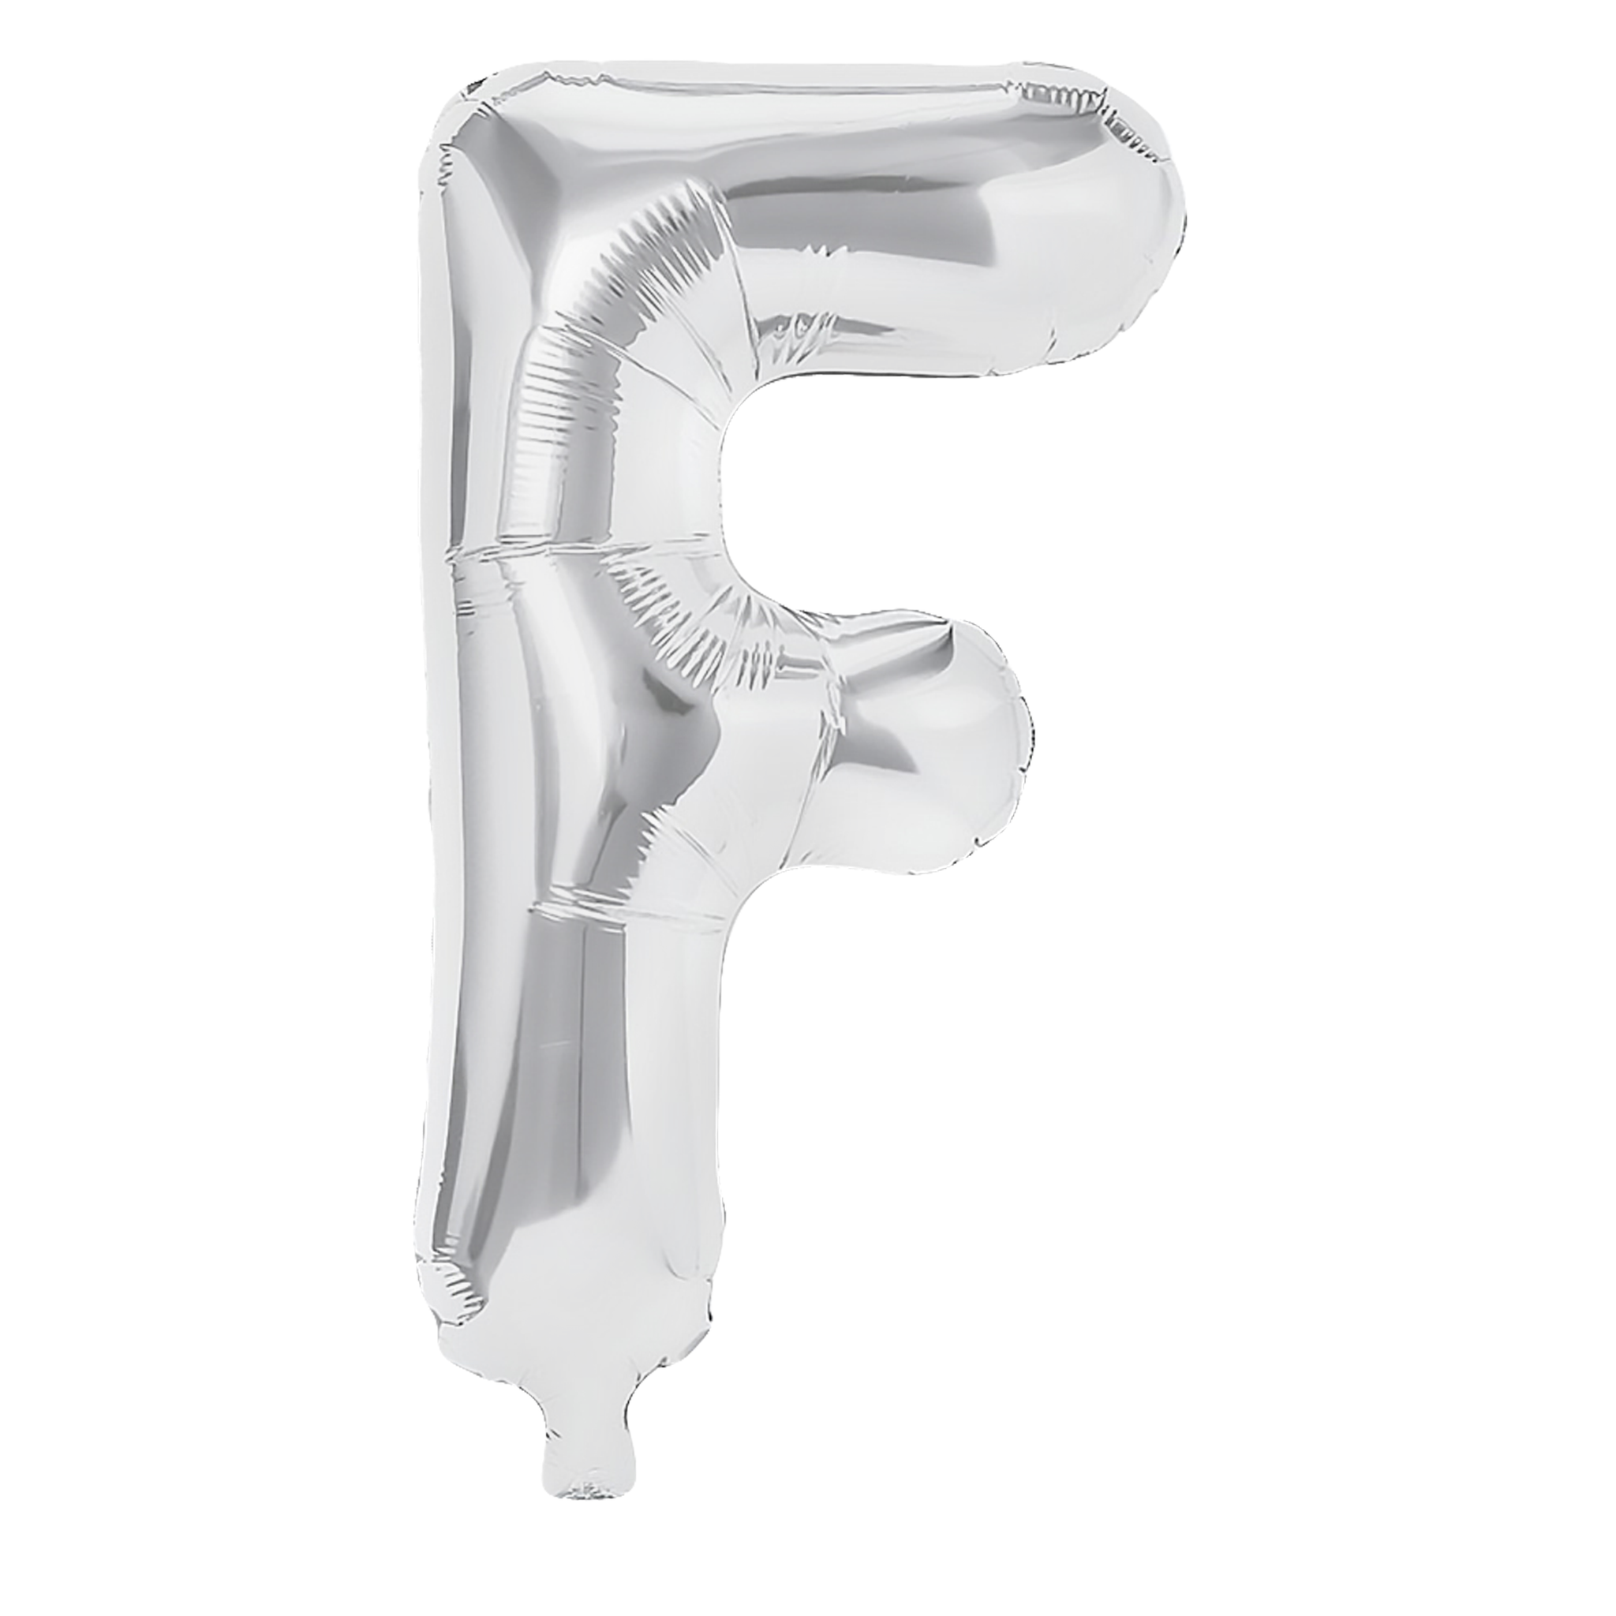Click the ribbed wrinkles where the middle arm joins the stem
pyautogui.click(x=711, y=627)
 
